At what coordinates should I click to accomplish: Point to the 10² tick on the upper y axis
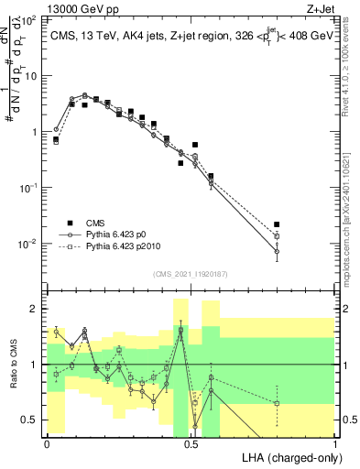click(31, 19)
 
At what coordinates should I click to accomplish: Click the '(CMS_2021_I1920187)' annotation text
click(191, 274)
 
